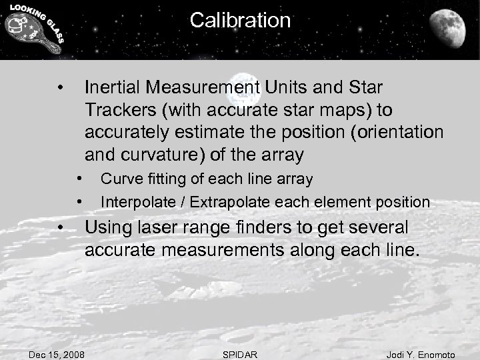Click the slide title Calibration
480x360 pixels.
[240, 20]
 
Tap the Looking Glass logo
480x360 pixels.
[33, 29]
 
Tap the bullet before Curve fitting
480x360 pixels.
[79, 179]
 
